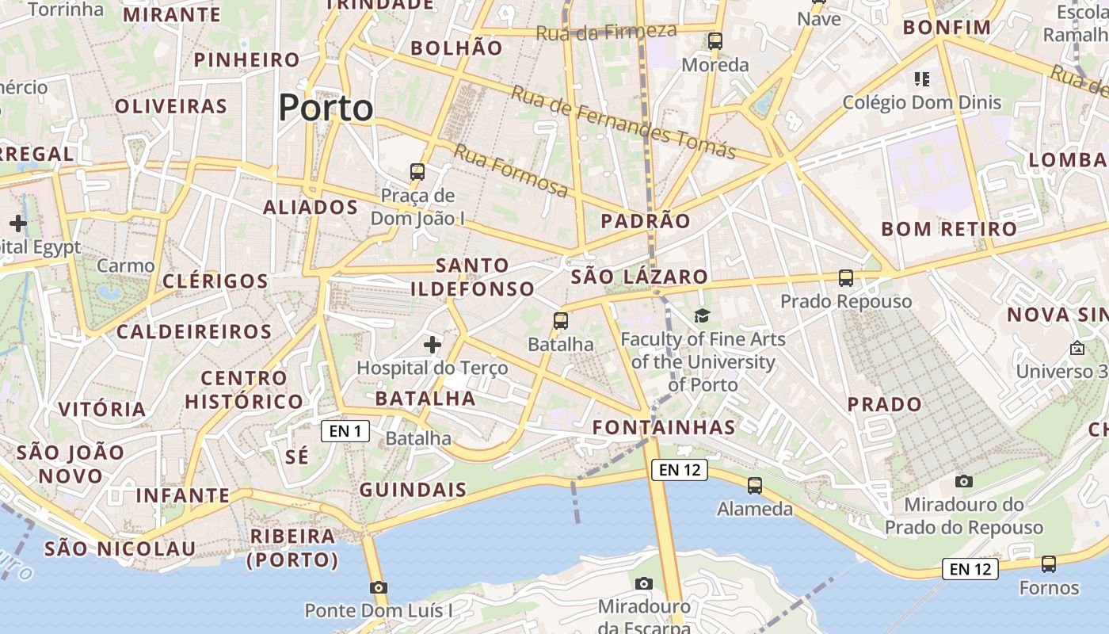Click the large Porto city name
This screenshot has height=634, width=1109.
(326, 108)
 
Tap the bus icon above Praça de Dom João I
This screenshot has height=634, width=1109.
(417, 171)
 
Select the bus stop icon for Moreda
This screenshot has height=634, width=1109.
(715, 41)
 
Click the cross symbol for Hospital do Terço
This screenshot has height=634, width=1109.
(433, 345)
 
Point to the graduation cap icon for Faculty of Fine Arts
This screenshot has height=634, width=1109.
(702, 316)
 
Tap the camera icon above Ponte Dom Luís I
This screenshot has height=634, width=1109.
(379, 587)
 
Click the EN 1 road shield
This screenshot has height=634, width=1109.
(345, 431)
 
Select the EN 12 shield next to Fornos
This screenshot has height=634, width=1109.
(970, 568)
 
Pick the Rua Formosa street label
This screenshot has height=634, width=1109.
(511, 170)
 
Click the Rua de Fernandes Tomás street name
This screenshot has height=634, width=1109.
(623, 121)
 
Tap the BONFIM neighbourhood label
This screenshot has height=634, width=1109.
(947, 28)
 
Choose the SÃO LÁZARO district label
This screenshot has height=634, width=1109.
(639, 277)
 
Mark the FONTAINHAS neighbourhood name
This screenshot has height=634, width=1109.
(664, 427)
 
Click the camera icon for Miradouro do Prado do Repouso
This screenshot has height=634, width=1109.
(964, 481)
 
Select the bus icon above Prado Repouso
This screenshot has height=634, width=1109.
(846, 278)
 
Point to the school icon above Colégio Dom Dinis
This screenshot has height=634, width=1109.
(922, 79)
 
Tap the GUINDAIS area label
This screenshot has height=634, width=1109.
(413, 490)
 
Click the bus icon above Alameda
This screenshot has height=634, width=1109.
(755, 486)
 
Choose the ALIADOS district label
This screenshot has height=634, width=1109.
(311, 208)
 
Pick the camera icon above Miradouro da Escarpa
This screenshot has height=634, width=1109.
(644, 583)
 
